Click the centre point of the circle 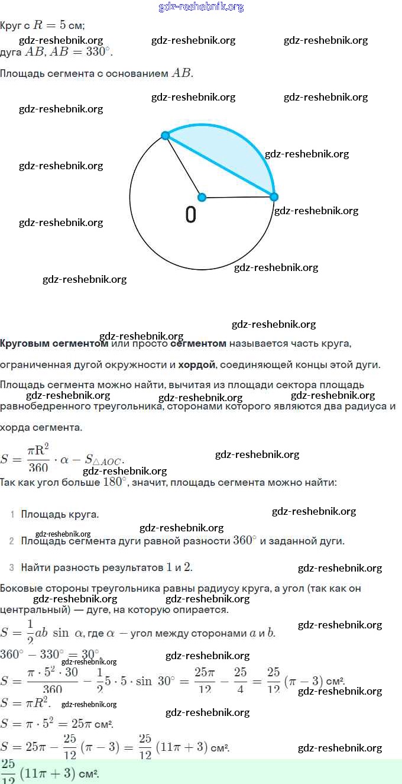[202, 197]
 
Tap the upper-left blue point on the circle [166, 135]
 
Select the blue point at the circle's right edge [274, 196]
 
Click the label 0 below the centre [190, 215]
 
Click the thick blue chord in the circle [219, 166]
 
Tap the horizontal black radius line [238, 197]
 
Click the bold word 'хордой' [196, 364]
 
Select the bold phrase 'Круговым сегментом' [54, 343]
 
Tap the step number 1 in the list [12, 515]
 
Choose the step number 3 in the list [12, 568]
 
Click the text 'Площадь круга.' [60, 515]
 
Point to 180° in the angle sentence [116, 482]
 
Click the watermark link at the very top [201, 7]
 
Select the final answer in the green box [50, 772]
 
